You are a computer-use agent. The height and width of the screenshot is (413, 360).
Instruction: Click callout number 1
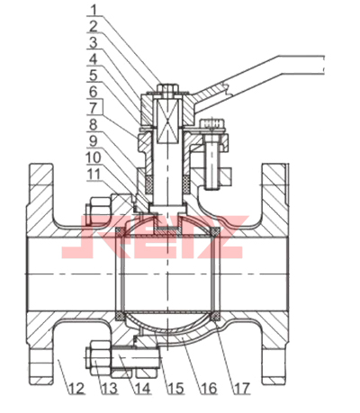(94, 10)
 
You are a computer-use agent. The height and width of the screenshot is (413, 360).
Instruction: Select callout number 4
(94, 59)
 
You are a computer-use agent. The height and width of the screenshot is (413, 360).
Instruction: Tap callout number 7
(94, 108)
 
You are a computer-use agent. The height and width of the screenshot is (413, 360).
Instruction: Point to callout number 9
(94, 140)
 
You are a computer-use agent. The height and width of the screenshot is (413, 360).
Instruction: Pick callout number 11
(94, 174)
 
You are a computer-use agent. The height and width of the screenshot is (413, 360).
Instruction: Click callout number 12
(76, 389)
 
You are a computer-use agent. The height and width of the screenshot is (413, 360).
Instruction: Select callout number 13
(109, 389)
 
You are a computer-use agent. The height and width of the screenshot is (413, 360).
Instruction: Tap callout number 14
(142, 389)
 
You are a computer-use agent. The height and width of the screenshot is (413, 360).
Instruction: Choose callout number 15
(175, 389)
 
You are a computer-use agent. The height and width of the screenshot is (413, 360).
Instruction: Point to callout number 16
(208, 389)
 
